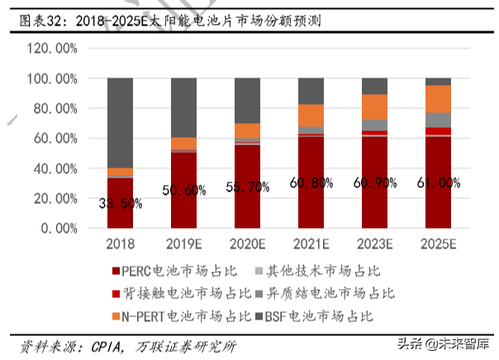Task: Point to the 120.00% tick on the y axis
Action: tap(53, 49)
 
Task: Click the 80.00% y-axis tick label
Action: tap(53, 108)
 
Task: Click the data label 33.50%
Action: tap(121, 204)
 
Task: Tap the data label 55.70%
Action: tap(247, 187)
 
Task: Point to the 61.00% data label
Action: tap(438, 183)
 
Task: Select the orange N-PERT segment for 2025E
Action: tap(438, 98)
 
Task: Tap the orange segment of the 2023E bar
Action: tap(374, 107)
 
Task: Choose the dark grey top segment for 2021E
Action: tap(311, 91)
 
